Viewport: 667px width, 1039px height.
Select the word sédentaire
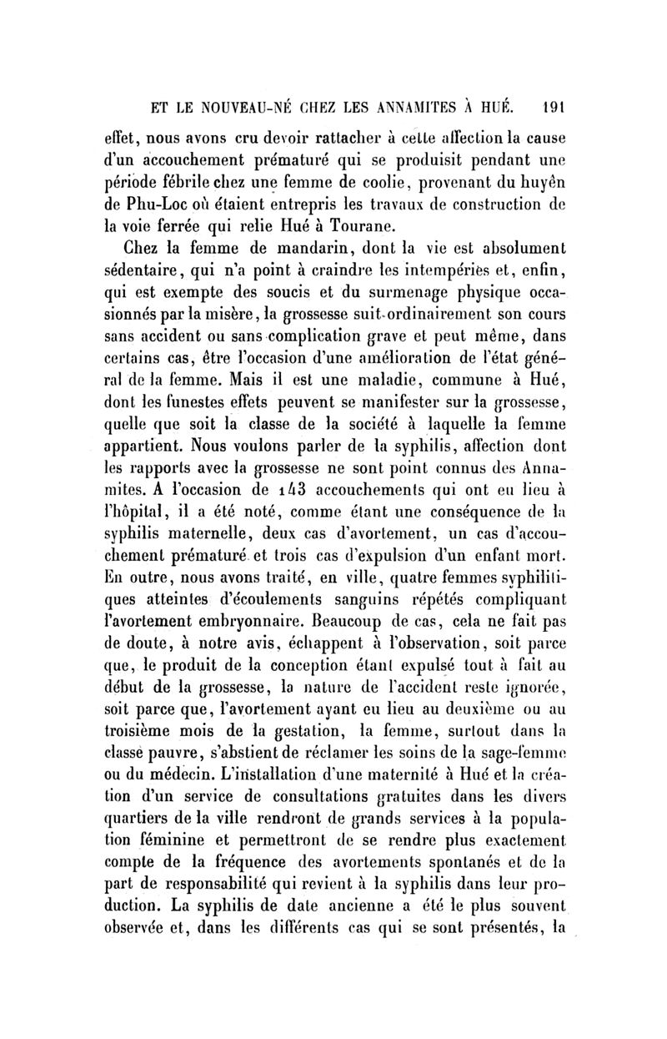(161, 269)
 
